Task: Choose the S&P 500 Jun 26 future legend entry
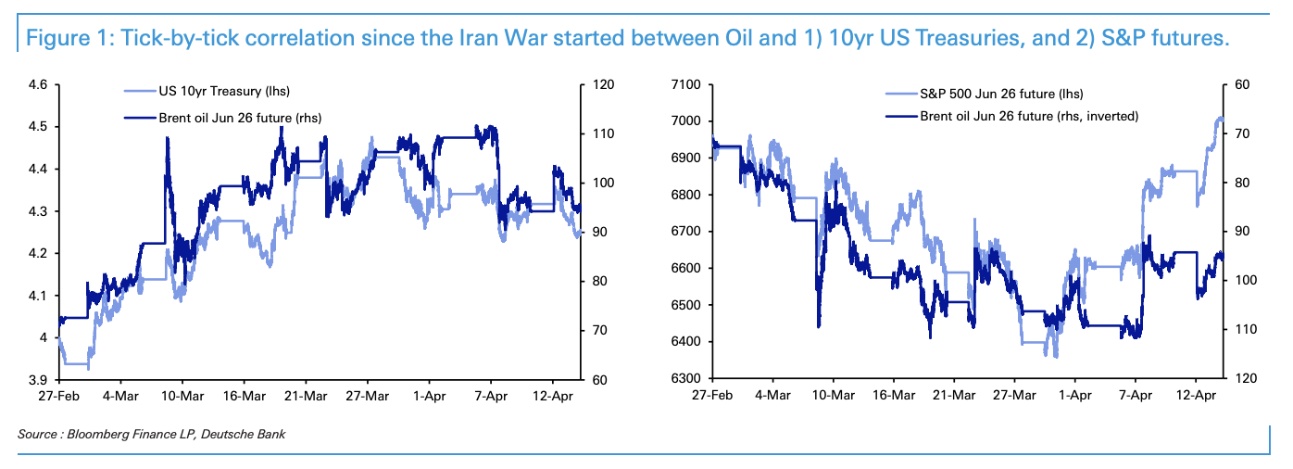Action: [1001, 94]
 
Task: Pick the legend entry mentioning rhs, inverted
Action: [1028, 116]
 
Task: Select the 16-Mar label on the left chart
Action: [243, 397]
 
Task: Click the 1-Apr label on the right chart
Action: [1074, 397]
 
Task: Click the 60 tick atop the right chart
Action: [1242, 85]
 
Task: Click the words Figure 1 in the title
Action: [62, 39]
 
